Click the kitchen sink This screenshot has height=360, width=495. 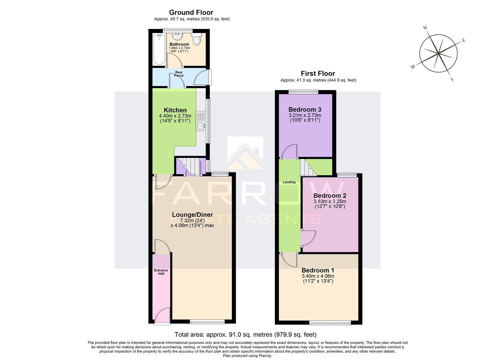click(201, 126)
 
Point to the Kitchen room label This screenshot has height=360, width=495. click(175, 110)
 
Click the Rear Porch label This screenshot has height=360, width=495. click(179, 74)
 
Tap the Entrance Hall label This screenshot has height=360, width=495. click(161, 272)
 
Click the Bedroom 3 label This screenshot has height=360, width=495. click(305, 110)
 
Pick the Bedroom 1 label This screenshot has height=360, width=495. click(318, 270)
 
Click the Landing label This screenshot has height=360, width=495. click(289, 182)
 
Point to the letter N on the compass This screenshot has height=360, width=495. click(425, 28)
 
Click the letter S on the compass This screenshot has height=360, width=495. click(452, 79)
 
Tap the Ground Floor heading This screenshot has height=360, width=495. click(191, 13)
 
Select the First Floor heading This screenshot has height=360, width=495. click(318, 73)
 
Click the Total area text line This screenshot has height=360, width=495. click(245, 334)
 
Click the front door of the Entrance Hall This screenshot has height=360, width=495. click(162, 316)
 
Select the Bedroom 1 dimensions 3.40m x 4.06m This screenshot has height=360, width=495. click(318, 276)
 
